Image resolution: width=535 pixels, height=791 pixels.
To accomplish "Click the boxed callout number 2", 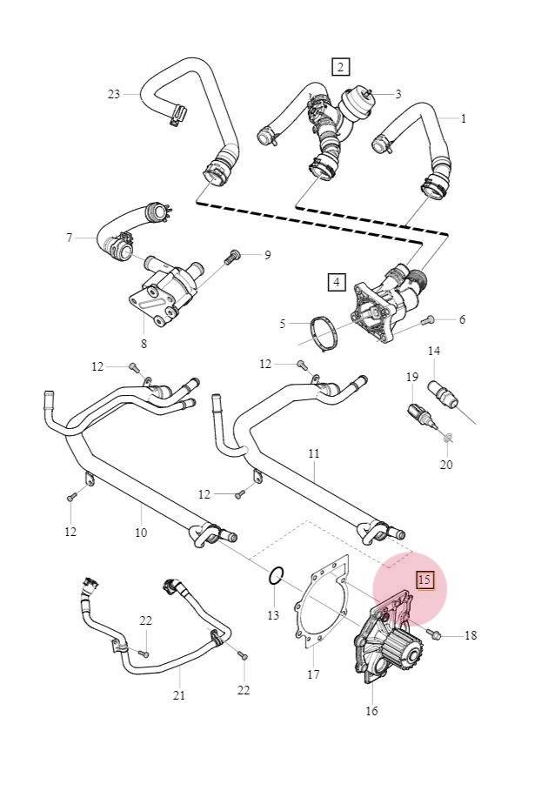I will click(x=340, y=66).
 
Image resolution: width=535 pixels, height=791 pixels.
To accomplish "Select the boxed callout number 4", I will click(x=337, y=281).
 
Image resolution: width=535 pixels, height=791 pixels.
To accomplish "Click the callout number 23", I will click(x=113, y=94).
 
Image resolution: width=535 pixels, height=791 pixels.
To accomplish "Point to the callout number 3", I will click(x=398, y=94).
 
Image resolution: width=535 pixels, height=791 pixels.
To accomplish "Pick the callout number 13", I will click(x=273, y=616).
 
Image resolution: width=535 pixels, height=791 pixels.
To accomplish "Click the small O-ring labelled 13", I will click(x=276, y=575).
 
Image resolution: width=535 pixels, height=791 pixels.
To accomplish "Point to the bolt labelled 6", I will click(x=427, y=321).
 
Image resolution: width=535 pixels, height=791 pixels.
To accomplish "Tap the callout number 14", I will click(x=434, y=351).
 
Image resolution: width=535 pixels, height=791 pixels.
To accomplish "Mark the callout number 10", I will click(x=141, y=532).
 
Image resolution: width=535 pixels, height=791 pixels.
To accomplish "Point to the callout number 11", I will click(x=313, y=453).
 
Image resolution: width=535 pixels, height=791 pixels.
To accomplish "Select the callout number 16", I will click(x=371, y=711).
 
